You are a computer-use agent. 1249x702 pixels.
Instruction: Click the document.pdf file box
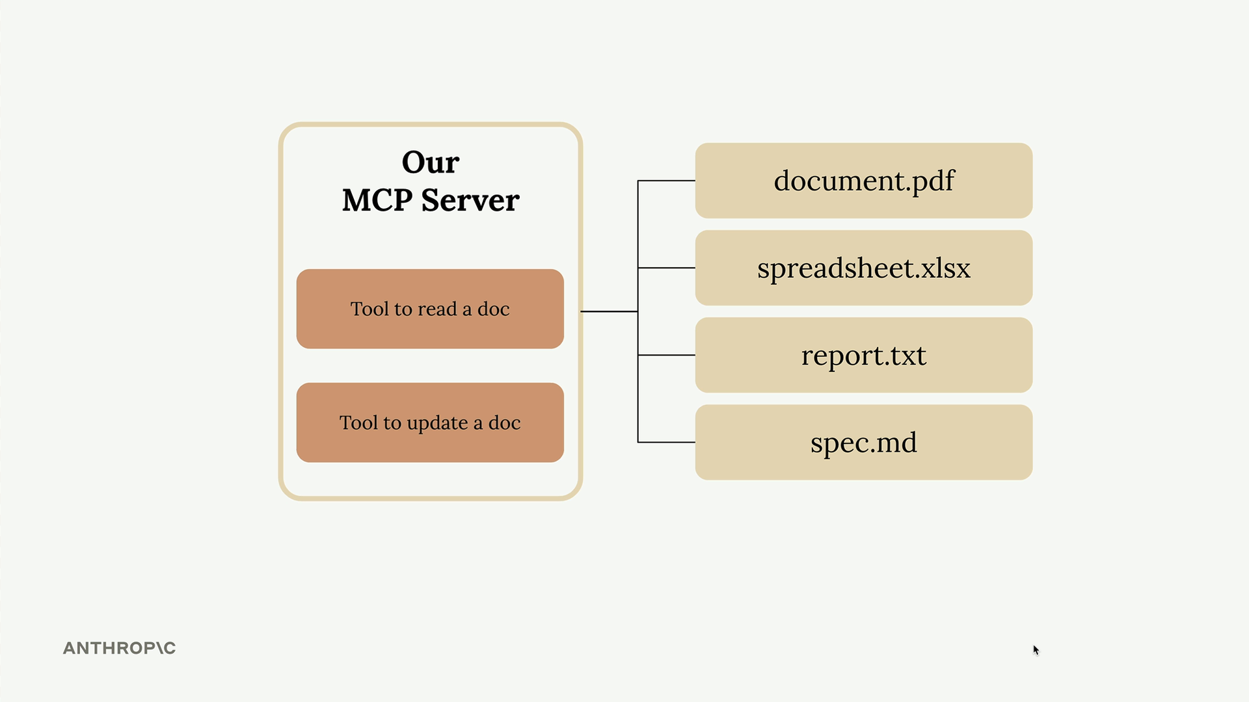pyautogui.click(x=863, y=181)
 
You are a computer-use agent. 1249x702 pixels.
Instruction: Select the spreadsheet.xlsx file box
pyautogui.click(x=863, y=268)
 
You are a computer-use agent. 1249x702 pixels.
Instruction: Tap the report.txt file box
pyautogui.click(x=863, y=355)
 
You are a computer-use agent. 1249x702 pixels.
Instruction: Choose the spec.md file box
pyautogui.click(x=863, y=443)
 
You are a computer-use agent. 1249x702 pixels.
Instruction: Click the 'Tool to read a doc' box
pyautogui.click(x=430, y=309)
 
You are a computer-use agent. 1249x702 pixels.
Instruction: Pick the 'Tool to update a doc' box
pyautogui.click(x=430, y=422)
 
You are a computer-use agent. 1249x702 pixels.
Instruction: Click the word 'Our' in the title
pyautogui.click(x=431, y=162)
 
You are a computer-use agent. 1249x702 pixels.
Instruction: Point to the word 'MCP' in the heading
pyautogui.click(x=377, y=200)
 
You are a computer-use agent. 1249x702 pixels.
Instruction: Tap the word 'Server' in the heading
pyautogui.click(x=470, y=200)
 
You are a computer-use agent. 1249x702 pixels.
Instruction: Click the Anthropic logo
pyautogui.click(x=119, y=648)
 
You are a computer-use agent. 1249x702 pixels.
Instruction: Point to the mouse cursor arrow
pyautogui.click(x=1036, y=650)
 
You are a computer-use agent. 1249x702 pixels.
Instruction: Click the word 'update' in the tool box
pyautogui.click(x=438, y=424)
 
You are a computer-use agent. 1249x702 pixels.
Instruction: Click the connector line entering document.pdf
pyautogui.click(x=666, y=181)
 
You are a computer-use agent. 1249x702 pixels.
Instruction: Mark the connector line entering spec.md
pyautogui.click(x=666, y=443)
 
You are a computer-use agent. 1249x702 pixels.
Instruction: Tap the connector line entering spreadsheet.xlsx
pyautogui.click(x=666, y=268)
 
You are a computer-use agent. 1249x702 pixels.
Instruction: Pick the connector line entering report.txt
pyautogui.click(x=666, y=355)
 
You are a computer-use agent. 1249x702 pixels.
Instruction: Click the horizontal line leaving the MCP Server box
pyautogui.click(x=609, y=311)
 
